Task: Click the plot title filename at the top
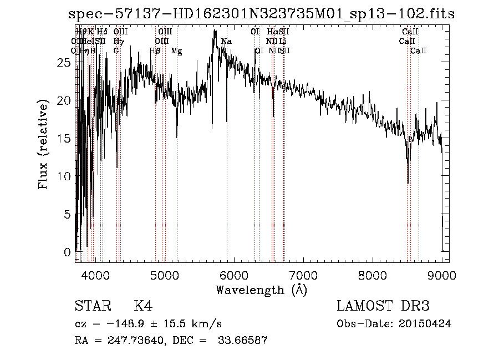(261, 14)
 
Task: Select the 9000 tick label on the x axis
(441, 275)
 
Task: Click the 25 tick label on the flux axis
(64, 63)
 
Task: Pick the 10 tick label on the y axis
(64, 176)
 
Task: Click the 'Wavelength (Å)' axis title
(261, 290)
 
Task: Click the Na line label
(226, 42)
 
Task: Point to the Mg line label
(176, 51)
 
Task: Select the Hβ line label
(155, 51)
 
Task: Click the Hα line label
(272, 32)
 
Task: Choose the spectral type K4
(143, 306)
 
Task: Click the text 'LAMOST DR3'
(383, 306)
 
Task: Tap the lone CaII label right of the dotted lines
(419, 51)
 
